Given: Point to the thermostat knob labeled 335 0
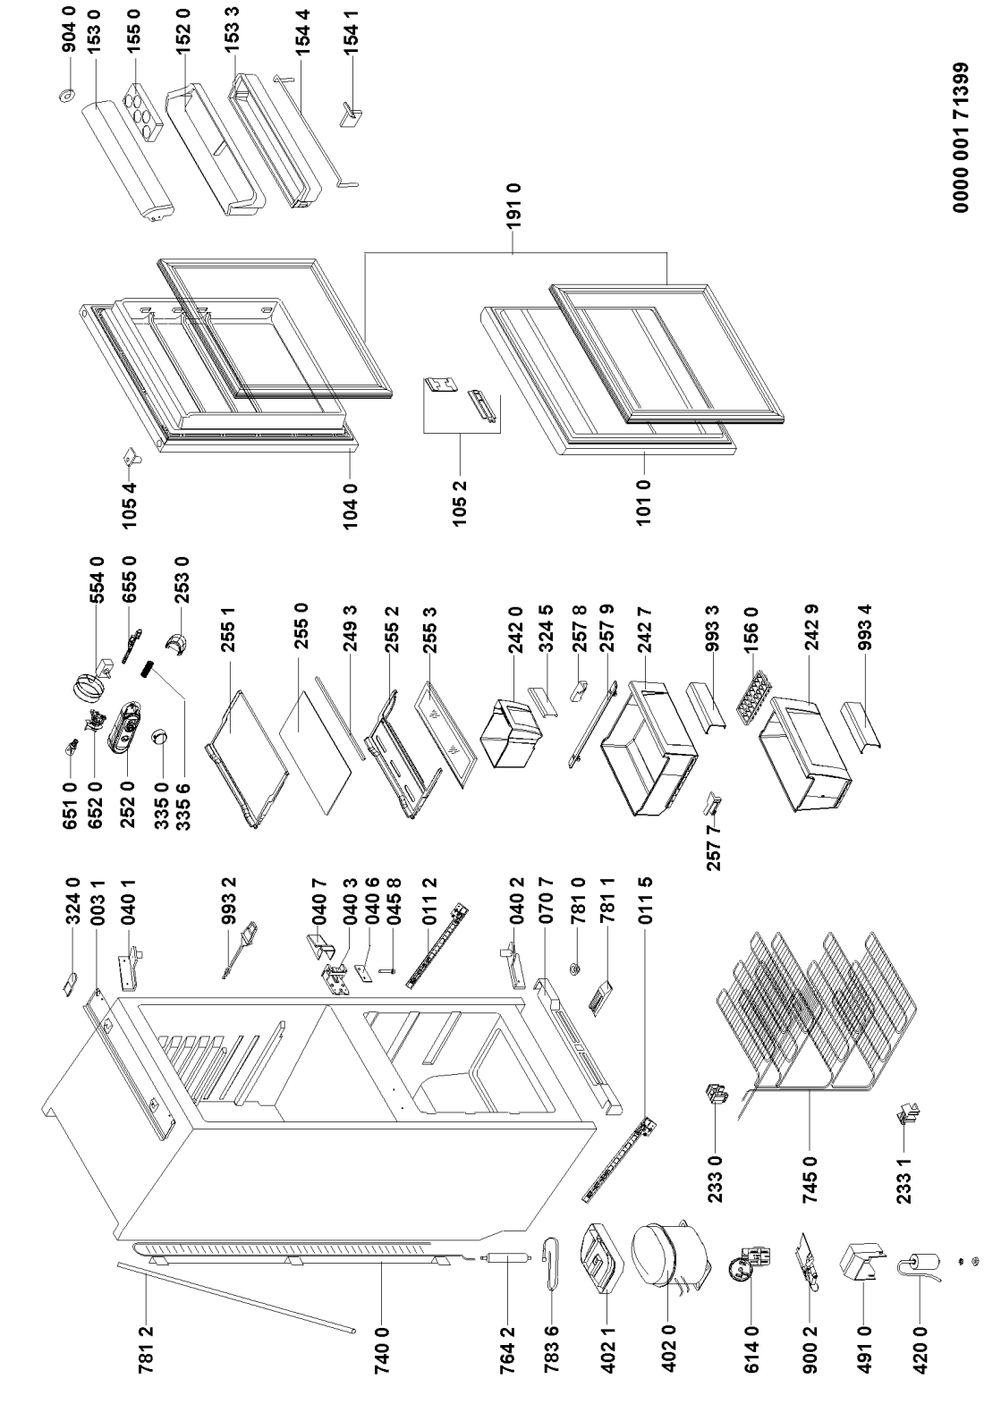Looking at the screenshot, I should coord(160,737).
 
